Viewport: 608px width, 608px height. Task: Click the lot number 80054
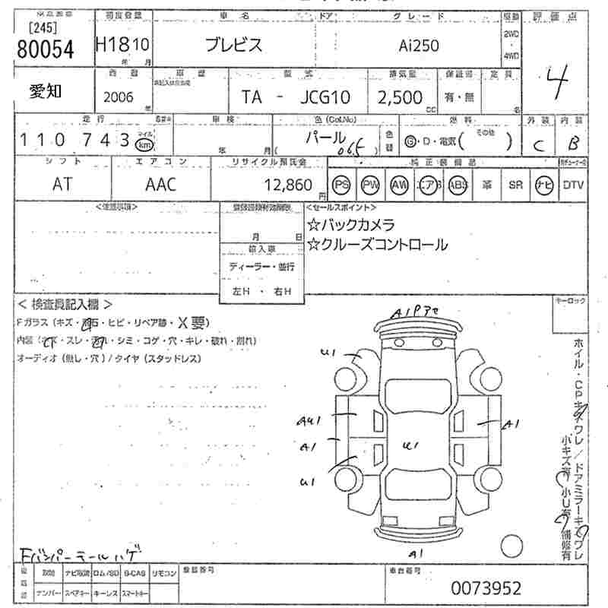pos(45,49)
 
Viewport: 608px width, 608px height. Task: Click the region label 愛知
pos(47,91)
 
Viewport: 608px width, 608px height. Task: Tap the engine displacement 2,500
pos(401,97)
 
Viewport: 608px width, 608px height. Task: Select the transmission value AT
pos(63,185)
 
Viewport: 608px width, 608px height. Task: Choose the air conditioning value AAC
pos(160,185)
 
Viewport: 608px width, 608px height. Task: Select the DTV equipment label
pos(574,185)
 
